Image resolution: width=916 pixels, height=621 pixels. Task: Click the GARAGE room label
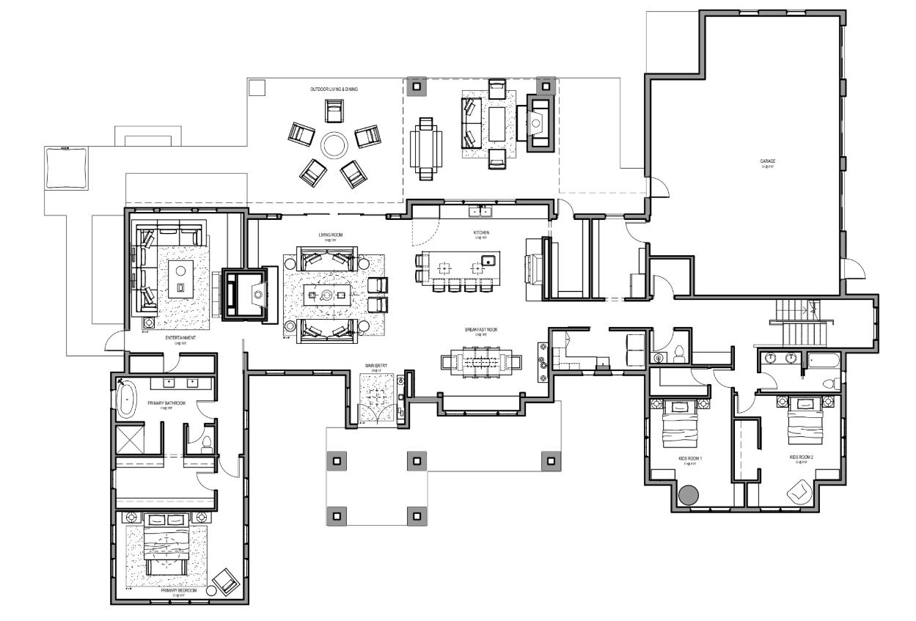(x=768, y=161)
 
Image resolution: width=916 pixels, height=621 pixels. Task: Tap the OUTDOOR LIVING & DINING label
(x=334, y=89)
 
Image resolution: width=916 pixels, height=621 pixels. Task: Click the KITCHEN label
(x=481, y=233)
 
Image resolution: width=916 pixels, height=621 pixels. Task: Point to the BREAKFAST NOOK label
(x=481, y=331)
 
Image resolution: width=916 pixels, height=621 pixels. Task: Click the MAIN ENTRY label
(x=376, y=365)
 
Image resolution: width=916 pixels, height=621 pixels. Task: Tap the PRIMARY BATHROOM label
(x=164, y=403)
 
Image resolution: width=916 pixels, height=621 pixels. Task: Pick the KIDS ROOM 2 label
(x=802, y=457)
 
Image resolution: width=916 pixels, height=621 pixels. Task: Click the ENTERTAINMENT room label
(x=179, y=337)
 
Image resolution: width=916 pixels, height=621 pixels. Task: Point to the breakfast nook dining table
(x=481, y=361)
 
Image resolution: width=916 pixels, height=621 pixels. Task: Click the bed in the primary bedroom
(x=166, y=546)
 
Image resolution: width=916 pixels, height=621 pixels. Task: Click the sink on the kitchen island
(x=487, y=260)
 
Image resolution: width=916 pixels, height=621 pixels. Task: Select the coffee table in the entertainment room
(x=180, y=279)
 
